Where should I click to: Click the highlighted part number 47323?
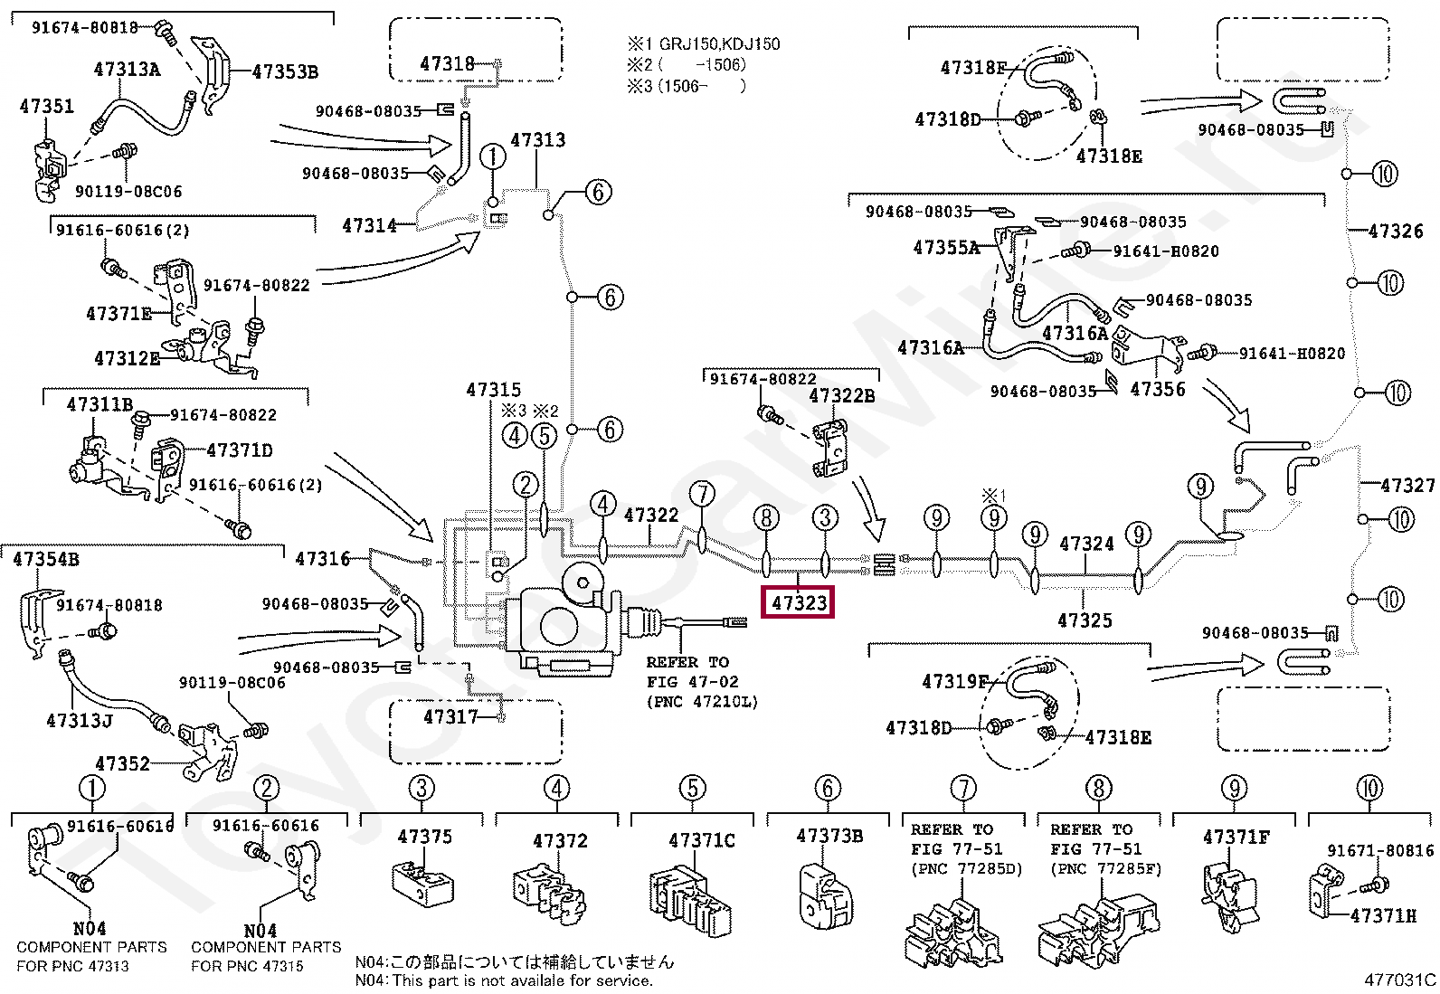click(799, 602)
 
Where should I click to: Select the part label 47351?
click(47, 106)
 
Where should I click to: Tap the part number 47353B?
click(285, 71)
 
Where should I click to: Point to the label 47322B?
click(841, 395)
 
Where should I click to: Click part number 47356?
click(1158, 389)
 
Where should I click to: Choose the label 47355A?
click(946, 247)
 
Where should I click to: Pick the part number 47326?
click(1396, 231)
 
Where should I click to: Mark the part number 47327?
click(1407, 485)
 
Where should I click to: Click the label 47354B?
click(46, 559)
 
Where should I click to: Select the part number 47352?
click(122, 763)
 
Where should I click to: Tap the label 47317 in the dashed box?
click(450, 716)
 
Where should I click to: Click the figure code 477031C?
click(1398, 979)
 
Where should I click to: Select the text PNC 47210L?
click(702, 702)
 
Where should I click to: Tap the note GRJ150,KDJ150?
click(719, 43)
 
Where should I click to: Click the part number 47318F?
click(973, 67)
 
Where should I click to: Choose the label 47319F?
click(954, 681)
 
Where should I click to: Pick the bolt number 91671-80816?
click(1380, 850)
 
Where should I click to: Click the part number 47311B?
click(99, 404)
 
